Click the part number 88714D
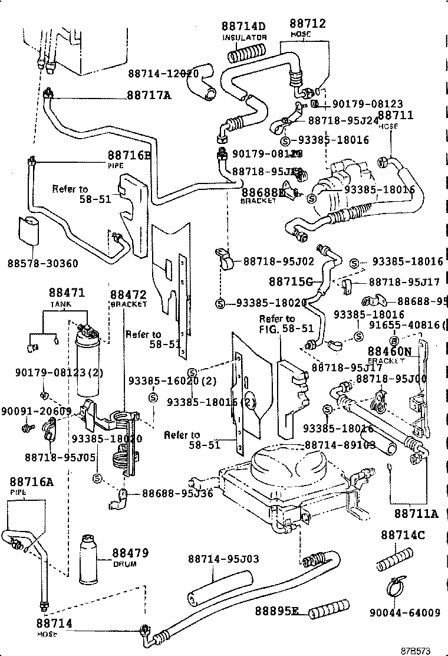click(x=244, y=26)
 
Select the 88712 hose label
click(x=307, y=24)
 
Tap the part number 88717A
click(x=148, y=95)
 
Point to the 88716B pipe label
click(x=129, y=156)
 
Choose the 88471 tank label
click(x=67, y=293)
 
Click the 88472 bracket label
click(x=129, y=293)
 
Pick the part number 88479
click(x=130, y=553)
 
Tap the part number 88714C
click(x=403, y=535)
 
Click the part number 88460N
click(x=390, y=351)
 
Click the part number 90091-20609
click(x=36, y=411)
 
